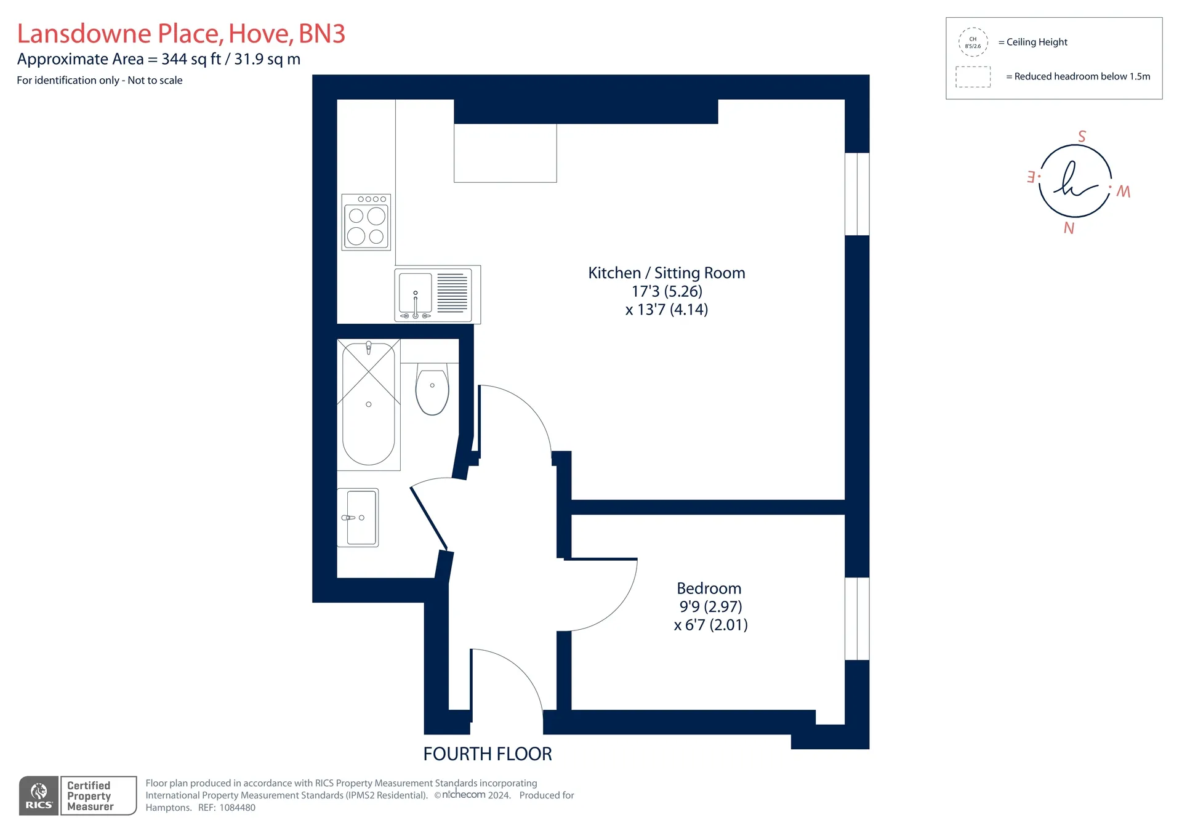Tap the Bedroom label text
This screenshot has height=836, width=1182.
tap(709, 589)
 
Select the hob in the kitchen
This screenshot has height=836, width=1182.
tap(366, 222)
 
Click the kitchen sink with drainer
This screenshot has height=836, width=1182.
tap(438, 294)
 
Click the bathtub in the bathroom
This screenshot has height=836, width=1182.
tap(369, 404)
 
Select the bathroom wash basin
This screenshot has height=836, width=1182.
tap(358, 518)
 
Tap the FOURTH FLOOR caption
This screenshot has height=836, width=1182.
tap(488, 754)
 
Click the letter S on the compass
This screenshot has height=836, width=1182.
tap(1082, 136)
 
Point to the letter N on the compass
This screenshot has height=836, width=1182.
tap(1069, 228)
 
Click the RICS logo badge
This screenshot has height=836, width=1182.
tap(39, 796)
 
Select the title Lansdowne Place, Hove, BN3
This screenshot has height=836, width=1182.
tap(181, 33)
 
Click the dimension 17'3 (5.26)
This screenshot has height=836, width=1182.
tap(667, 291)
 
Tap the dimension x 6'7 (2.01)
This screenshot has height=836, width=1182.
tap(711, 625)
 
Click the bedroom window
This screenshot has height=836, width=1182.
tap(857, 619)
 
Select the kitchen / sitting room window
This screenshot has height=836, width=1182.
tap(857, 194)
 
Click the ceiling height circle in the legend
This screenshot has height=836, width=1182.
tap(973, 42)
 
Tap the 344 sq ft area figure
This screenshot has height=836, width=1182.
tap(191, 59)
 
